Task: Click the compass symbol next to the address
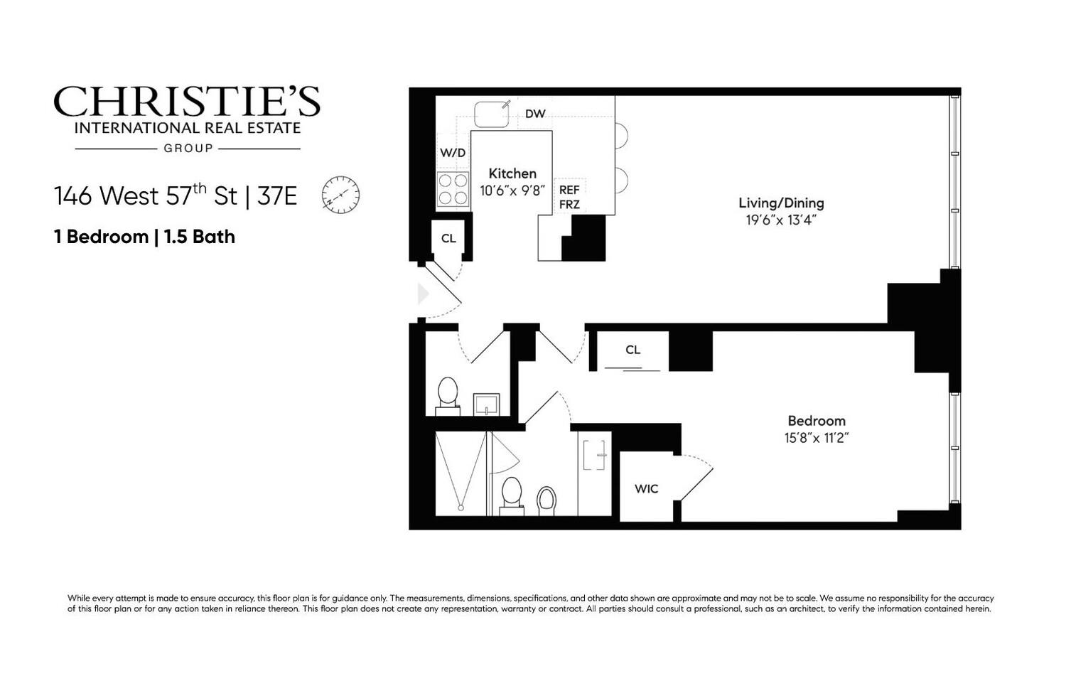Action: point(340,195)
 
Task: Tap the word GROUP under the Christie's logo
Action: point(188,149)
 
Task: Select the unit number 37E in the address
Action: point(277,195)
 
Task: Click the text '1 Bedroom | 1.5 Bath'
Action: point(144,237)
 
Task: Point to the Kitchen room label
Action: point(512,173)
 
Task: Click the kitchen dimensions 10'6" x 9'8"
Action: point(512,191)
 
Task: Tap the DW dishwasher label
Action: point(535,114)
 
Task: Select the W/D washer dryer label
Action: point(453,153)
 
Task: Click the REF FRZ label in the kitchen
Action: point(569,197)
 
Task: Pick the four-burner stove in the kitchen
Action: point(453,189)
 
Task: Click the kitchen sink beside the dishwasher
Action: point(491,114)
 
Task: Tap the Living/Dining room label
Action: point(781,203)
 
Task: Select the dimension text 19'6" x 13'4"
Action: point(781,220)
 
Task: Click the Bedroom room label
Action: point(817,421)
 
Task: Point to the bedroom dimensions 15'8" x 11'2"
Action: point(817,438)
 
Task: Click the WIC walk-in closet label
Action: point(646,489)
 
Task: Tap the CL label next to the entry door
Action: point(448,238)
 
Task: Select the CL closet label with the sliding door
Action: point(632,350)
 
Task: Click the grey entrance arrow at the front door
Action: point(424,294)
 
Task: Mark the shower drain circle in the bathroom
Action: point(461,508)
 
